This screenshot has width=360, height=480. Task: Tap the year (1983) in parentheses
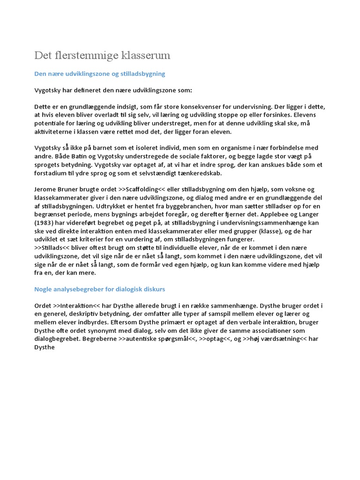[x=45, y=223]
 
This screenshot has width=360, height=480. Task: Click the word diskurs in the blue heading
[x=152, y=289]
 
